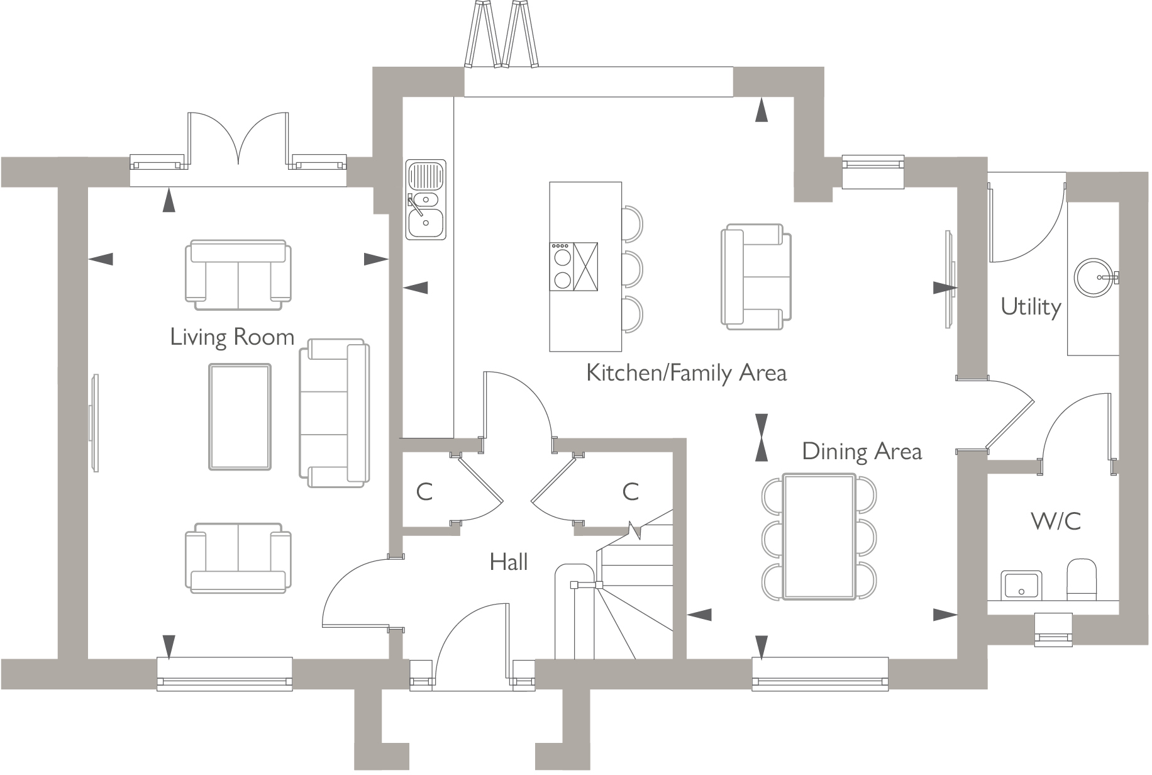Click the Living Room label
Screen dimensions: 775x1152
click(x=232, y=337)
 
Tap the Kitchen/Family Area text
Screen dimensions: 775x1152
click(x=686, y=372)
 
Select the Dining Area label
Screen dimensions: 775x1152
click(x=861, y=451)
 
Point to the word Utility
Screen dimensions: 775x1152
click(x=1030, y=307)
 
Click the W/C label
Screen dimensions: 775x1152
click(x=1056, y=521)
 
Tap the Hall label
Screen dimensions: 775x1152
click(x=508, y=562)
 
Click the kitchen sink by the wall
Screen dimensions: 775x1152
click(x=426, y=199)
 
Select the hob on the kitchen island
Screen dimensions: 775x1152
click(x=562, y=267)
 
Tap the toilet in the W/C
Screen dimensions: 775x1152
click(x=1081, y=579)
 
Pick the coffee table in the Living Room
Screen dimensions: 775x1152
click(x=240, y=416)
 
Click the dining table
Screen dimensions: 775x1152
click(x=819, y=537)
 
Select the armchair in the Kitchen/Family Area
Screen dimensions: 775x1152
click(x=755, y=276)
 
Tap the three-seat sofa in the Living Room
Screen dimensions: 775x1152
click(x=335, y=413)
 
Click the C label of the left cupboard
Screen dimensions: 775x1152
click(x=424, y=491)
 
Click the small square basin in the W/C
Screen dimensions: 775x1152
click(x=1021, y=584)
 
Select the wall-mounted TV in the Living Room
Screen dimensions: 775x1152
click(x=94, y=423)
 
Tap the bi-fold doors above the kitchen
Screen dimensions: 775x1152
click(x=501, y=35)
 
